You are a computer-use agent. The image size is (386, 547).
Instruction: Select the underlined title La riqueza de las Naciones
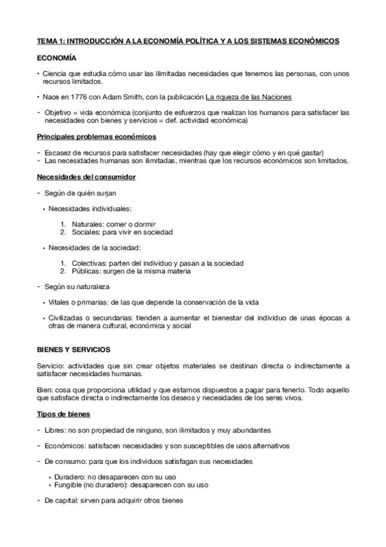249,97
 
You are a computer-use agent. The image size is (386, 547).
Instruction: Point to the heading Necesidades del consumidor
85,177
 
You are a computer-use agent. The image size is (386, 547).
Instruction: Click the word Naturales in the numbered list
88,224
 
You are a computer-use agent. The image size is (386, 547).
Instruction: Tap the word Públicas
86,272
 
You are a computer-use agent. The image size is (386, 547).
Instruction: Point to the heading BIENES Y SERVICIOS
73,350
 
